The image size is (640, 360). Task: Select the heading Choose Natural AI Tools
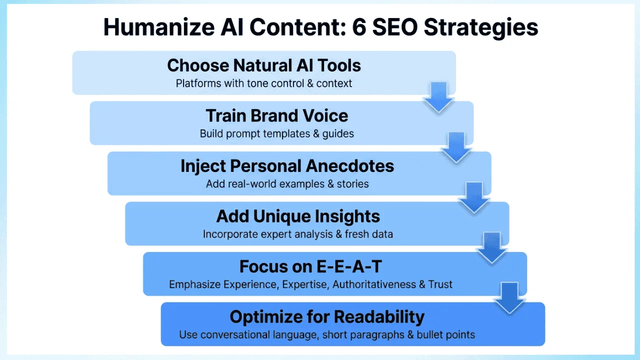point(264,65)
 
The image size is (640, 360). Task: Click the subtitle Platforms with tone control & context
point(264,83)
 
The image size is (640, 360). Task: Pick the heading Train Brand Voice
point(277,115)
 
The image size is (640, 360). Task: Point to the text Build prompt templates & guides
point(277,133)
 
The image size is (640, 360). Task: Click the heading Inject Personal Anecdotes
point(287,166)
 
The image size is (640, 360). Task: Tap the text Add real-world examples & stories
point(287,184)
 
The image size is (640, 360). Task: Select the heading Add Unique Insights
point(298,216)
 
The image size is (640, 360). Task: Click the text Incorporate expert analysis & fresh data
point(298,234)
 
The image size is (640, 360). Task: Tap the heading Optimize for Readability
point(327,317)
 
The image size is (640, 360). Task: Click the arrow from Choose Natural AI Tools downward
point(438,97)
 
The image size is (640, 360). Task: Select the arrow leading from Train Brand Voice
point(456,147)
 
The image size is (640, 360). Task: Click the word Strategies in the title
point(481,27)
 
